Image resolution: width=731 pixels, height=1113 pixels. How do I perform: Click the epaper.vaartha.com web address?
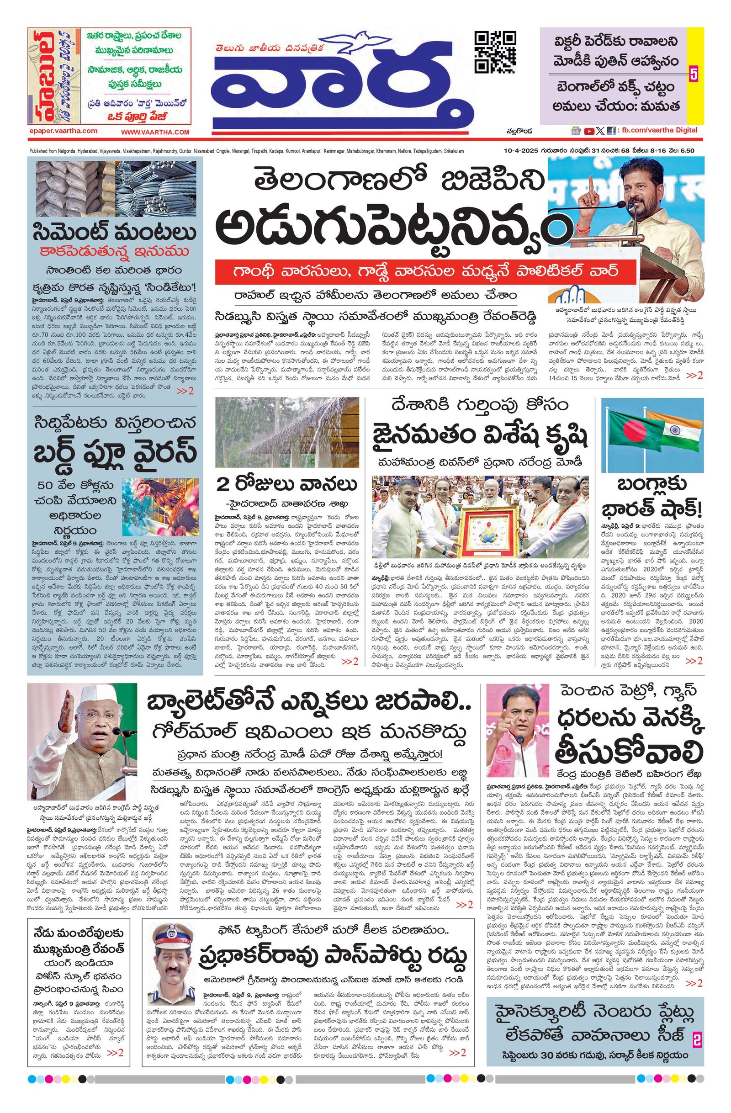coord(63,131)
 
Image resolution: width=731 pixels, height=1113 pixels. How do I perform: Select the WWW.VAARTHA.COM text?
coord(155,132)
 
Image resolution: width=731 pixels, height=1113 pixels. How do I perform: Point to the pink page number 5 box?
coord(694,74)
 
